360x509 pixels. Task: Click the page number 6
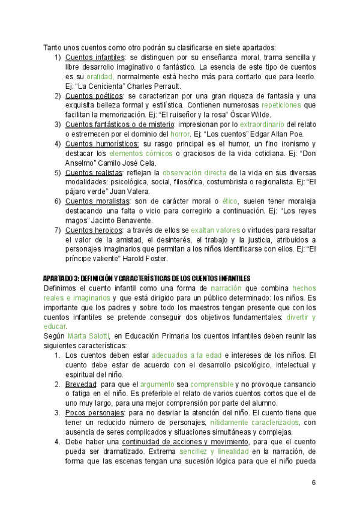[x=314, y=483]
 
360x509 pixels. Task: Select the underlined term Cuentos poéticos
[x=94, y=96]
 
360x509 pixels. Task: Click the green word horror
[x=180, y=134]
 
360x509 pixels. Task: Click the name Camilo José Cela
[x=127, y=163]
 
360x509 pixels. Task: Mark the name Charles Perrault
[x=147, y=86]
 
